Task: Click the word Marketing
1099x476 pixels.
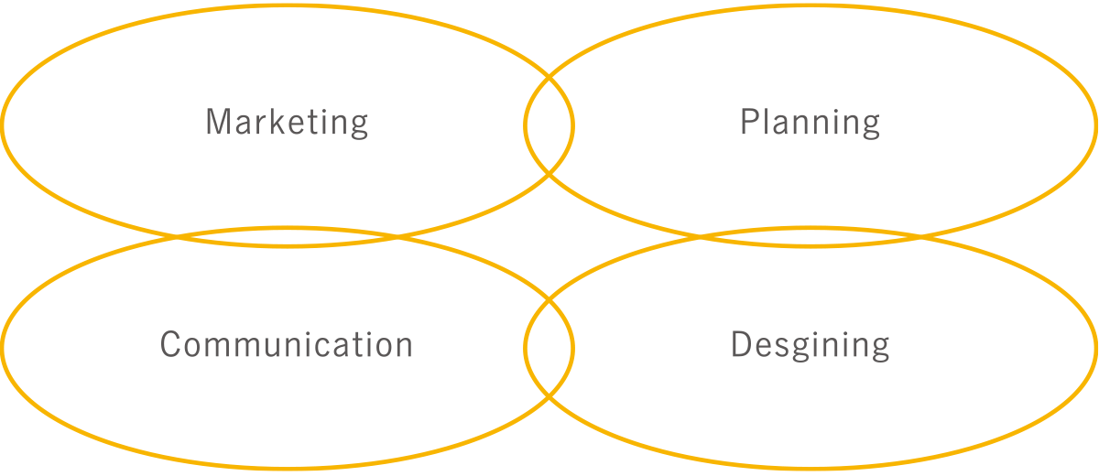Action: point(287,123)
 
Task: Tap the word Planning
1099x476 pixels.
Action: point(810,123)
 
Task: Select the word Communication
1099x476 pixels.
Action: point(286,345)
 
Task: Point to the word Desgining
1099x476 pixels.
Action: point(810,346)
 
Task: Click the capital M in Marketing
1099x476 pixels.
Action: point(216,123)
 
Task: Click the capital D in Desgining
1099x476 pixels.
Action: point(741,345)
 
